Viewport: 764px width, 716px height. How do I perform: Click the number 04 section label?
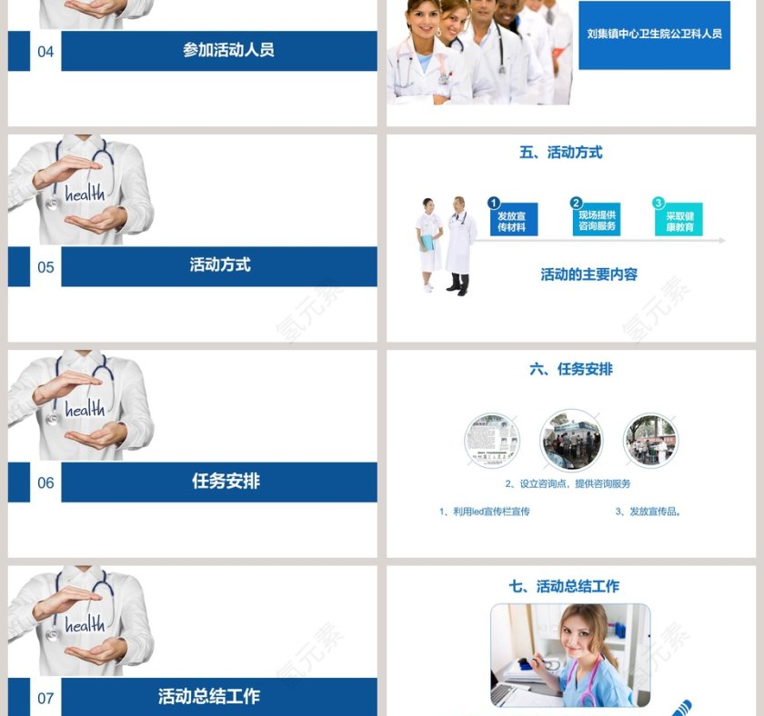click(x=45, y=52)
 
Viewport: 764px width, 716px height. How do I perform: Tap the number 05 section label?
click(x=45, y=267)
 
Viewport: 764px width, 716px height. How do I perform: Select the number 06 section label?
click(x=45, y=482)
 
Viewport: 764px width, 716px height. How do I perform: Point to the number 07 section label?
click(x=45, y=698)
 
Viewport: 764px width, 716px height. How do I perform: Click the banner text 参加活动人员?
click(x=228, y=51)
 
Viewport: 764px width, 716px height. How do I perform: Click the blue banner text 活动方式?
click(x=220, y=265)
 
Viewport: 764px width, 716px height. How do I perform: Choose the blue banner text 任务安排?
click(x=226, y=481)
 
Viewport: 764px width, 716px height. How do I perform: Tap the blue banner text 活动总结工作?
click(x=208, y=696)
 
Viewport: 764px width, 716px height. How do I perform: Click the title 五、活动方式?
click(x=560, y=153)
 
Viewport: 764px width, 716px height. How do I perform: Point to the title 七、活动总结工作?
click(x=564, y=586)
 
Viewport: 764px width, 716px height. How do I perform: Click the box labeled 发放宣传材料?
click(x=513, y=221)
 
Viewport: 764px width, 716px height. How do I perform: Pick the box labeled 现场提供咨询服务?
click(x=597, y=220)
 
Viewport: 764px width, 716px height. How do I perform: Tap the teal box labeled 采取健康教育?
click(x=679, y=221)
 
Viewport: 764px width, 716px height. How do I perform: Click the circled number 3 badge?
click(x=658, y=204)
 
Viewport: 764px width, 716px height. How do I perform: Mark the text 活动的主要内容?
click(x=588, y=274)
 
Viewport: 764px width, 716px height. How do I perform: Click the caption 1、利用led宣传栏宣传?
click(x=484, y=512)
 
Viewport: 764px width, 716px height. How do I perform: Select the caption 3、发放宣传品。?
click(x=648, y=512)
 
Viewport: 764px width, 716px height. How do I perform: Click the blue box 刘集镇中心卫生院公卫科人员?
click(x=654, y=35)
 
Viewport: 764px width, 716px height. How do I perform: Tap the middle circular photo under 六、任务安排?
click(x=571, y=440)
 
